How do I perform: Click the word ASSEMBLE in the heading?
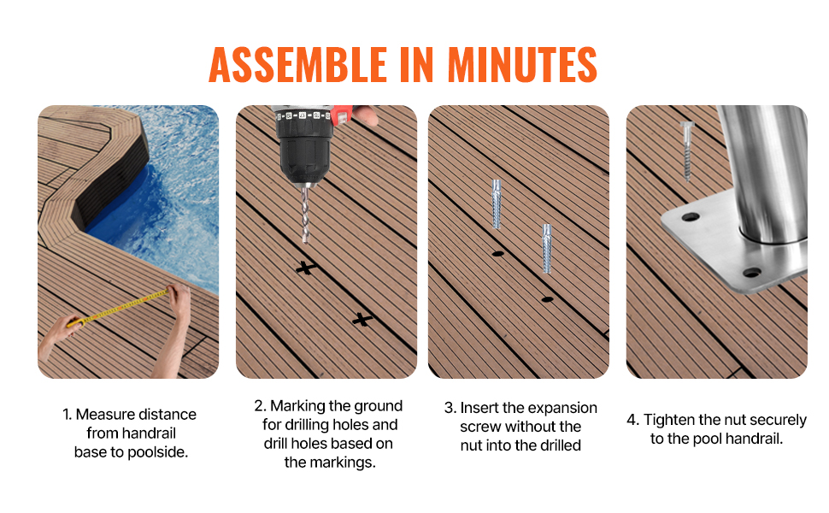pyautogui.click(x=298, y=64)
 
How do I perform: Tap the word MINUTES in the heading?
pyautogui.click(x=522, y=64)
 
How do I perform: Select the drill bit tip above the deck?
pyautogui.click(x=305, y=241)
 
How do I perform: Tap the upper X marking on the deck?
pyautogui.click(x=306, y=268)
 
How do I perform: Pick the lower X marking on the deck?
pyautogui.click(x=362, y=319)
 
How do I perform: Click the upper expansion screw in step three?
pyautogui.click(x=496, y=203)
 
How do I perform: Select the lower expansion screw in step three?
pyautogui.click(x=547, y=248)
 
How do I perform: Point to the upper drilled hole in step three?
pyautogui.click(x=497, y=254)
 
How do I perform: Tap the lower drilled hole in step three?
pyautogui.click(x=547, y=299)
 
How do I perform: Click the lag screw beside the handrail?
pyautogui.click(x=687, y=150)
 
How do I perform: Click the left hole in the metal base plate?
pyautogui.click(x=690, y=217)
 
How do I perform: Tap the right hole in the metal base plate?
pyautogui.click(x=752, y=273)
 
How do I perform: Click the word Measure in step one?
pyautogui.click(x=108, y=414)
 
